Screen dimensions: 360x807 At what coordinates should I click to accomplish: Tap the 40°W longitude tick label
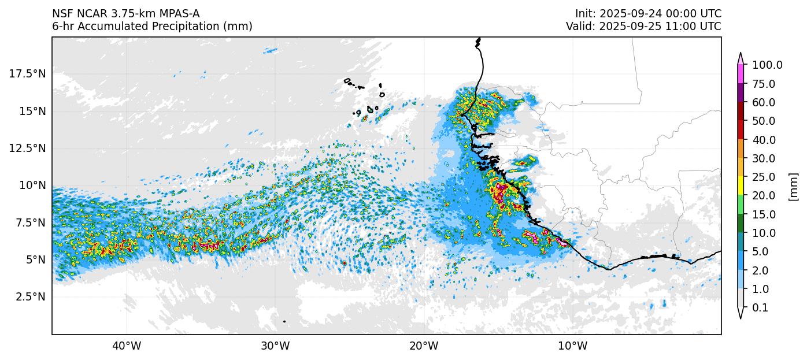126,346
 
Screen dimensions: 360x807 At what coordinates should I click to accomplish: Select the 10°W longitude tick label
572,346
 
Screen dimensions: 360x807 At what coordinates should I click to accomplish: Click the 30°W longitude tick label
275,346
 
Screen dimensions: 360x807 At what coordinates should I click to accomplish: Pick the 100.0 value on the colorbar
767,65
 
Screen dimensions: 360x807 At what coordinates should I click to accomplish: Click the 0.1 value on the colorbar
760,308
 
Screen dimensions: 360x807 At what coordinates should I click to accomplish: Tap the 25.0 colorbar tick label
764,177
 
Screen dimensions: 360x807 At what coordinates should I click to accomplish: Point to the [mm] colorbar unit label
793,187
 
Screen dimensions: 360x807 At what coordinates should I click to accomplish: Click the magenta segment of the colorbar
741,74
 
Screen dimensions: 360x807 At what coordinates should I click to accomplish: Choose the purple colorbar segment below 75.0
741,93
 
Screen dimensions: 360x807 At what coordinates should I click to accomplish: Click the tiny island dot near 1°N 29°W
284,321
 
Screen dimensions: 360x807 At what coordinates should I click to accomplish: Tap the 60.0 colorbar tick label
764,102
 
